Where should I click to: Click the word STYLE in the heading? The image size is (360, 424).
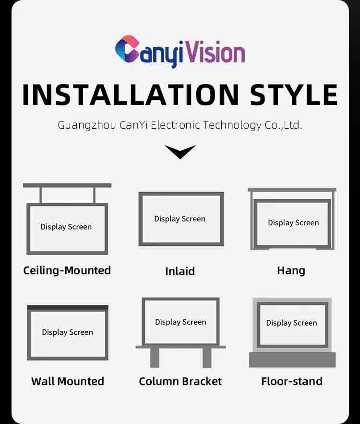pyautogui.click(x=294, y=95)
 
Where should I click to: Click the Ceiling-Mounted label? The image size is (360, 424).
pyautogui.click(x=67, y=270)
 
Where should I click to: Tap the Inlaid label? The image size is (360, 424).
pyautogui.click(x=180, y=271)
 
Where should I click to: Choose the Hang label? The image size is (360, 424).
pyautogui.click(x=291, y=270)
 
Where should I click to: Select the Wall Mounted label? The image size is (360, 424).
pyautogui.click(x=68, y=381)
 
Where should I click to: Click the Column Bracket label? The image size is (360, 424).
pyautogui.click(x=180, y=381)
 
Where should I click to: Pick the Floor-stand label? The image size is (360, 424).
pyautogui.click(x=292, y=381)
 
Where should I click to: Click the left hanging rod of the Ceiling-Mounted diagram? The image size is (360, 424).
pyautogui.click(x=41, y=195)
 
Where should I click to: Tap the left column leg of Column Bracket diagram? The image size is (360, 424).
pyautogui.click(x=155, y=358)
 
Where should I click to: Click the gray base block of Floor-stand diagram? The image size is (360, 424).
pyautogui.click(x=292, y=359)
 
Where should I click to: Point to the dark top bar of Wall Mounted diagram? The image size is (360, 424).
pyautogui.click(x=68, y=307)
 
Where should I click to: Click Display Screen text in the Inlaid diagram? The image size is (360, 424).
pyautogui.click(x=180, y=219)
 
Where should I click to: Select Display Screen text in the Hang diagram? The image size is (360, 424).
pyautogui.click(x=293, y=223)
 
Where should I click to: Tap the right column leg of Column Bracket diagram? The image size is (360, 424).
pyautogui.click(x=207, y=358)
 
